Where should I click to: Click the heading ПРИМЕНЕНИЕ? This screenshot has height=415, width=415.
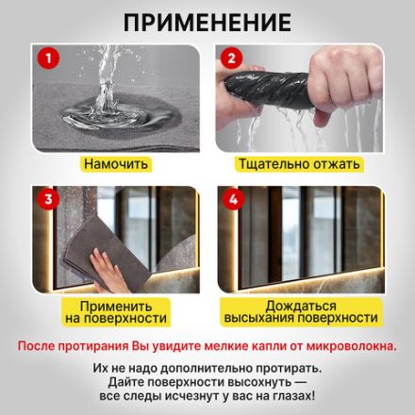pos(207,21)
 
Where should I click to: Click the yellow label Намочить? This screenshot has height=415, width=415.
pos(116,164)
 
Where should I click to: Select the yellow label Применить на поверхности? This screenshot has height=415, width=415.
pos(116,312)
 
